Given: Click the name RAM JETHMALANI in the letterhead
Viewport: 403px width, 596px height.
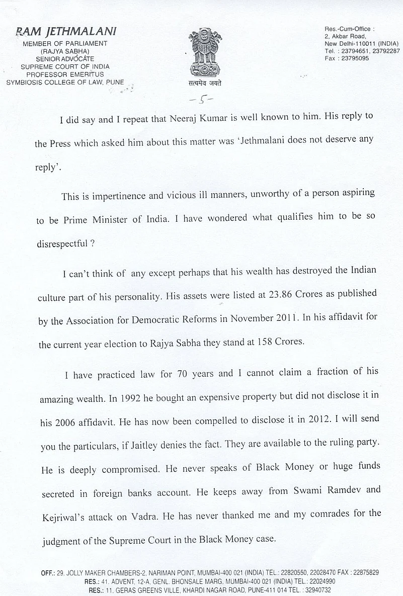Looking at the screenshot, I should [x=66, y=31].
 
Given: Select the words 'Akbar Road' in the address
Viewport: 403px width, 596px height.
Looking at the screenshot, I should [x=347, y=36].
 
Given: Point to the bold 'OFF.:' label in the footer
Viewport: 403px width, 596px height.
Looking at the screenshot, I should [x=49, y=572].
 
